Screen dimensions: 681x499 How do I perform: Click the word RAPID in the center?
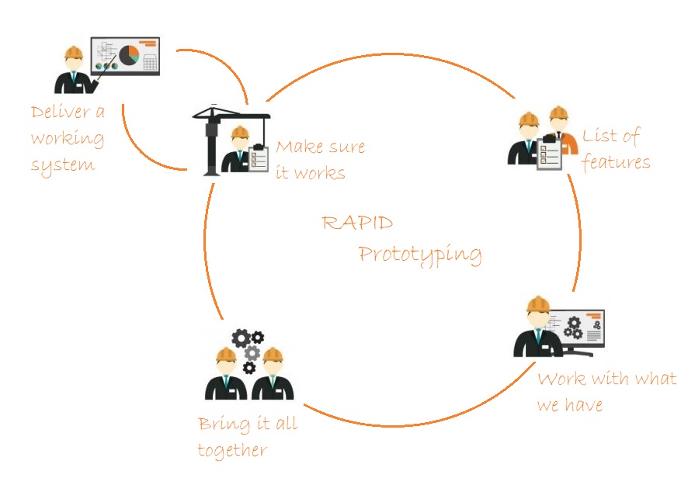pyautogui.click(x=357, y=223)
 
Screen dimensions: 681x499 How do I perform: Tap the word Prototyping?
pyautogui.click(x=420, y=255)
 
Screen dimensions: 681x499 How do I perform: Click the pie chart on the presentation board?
pyautogui.click(x=129, y=55)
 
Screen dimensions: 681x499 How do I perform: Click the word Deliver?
pyautogui.click(x=61, y=112)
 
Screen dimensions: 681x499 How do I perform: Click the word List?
pyautogui.click(x=599, y=136)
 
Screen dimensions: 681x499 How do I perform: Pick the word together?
pyautogui.click(x=232, y=450)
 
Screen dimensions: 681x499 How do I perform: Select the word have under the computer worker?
pyautogui.click(x=584, y=404)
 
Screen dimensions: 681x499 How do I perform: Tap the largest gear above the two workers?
pyautogui.click(x=241, y=338)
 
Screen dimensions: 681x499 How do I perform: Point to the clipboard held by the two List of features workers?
pyautogui.click(x=550, y=153)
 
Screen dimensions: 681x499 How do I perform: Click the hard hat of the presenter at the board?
pyautogui.click(x=74, y=53)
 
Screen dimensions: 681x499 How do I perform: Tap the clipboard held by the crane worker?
pyautogui.click(x=259, y=158)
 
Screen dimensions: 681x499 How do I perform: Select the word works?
pyautogui.click(x=320, y=174)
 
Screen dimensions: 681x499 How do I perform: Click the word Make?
pyautogui.click(x=300, y=147)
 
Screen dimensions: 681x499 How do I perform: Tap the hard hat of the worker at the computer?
pyautogui.click(x=538, y=304)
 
